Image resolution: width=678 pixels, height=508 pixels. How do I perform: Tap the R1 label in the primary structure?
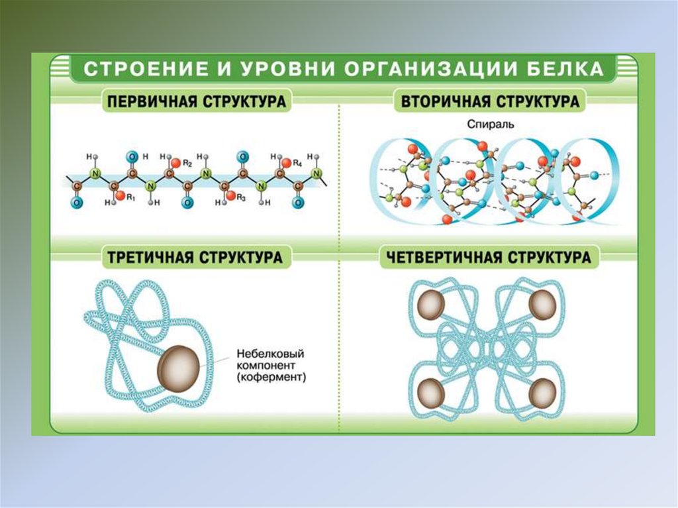coord(130,197)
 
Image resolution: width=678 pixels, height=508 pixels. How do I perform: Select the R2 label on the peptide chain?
coord(187,162)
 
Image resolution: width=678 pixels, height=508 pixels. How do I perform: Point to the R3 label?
coord(241,197)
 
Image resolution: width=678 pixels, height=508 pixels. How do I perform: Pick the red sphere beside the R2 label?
coord(175,162)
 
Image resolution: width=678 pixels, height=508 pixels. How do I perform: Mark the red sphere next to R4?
coord(286,162)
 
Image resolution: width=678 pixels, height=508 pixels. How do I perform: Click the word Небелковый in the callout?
coord(264,353)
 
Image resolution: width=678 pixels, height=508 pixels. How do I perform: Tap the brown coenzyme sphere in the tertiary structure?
coord(179,366)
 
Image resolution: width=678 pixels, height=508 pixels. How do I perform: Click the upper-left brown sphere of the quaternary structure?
coord(432,303)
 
